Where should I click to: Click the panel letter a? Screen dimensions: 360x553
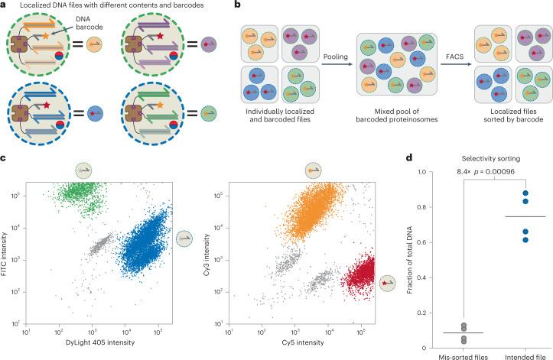pyautogui.click(x=5, y=6)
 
